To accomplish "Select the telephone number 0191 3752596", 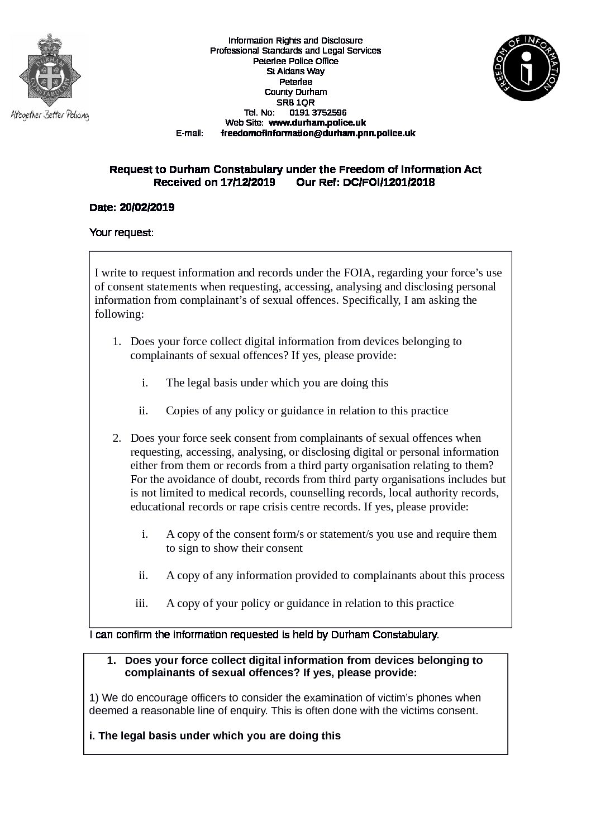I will pos(318,112).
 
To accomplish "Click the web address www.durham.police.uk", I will pos(317,122).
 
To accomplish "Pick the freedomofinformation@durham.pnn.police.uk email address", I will pos(318,133).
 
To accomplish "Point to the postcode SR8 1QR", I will pos(295,102).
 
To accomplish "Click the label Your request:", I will pos(121,232).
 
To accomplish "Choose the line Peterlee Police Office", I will pos(295,61).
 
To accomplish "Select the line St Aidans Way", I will pos(295,71).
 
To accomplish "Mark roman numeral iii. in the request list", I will pos(141,603).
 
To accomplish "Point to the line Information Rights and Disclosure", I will pos(295,40).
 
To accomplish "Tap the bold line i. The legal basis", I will pos(215,735).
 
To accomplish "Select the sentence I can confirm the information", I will pos(264,634).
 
